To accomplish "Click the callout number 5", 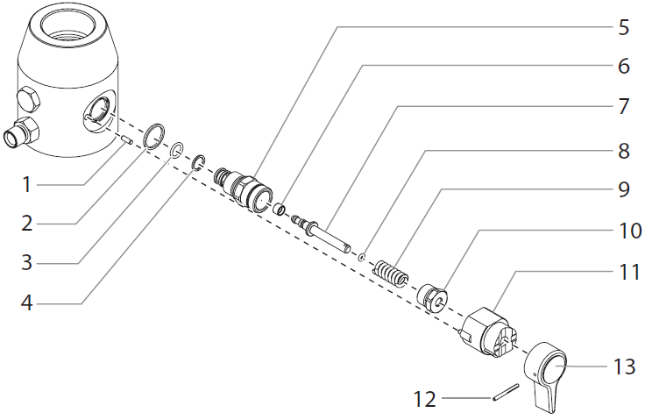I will pyautogui.click(x=623, y=27).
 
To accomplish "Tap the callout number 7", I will pyautogui.click(x=623, y=107).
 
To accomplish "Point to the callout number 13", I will pyautogui.click(x=623, y=366).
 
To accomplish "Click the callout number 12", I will pyautogui.click(x=424, y=399).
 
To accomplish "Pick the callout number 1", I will pyautogui.click(x=27, y=185).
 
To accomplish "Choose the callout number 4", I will pyautogui.click(x=27, y=303).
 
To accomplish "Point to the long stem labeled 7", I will pyautogui.click(x=329, y=232).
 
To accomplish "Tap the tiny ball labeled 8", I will pyautogui.click(x=361, y=257).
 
